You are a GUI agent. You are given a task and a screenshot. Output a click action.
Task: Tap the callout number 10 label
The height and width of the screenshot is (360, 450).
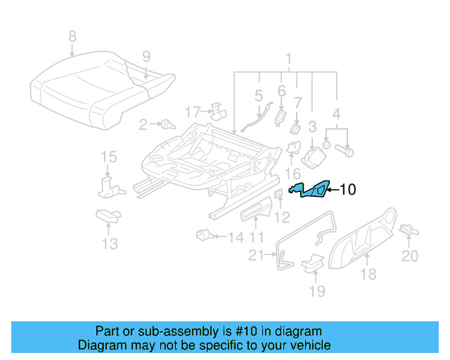(348, 189)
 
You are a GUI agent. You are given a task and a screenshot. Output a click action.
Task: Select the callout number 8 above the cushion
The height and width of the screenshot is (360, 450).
(72, 36)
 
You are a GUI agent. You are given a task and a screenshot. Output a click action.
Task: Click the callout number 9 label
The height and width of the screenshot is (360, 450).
(146, 56)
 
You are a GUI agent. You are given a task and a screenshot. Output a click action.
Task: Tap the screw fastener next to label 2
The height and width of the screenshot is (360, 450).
(167, 125)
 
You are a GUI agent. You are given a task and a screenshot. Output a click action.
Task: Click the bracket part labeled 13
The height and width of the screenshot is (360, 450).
(108, 216)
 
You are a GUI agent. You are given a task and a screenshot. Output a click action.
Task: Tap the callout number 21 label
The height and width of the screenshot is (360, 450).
(258, 255)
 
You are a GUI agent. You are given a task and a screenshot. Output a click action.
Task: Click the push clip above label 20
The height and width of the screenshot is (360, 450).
(407, 229)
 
